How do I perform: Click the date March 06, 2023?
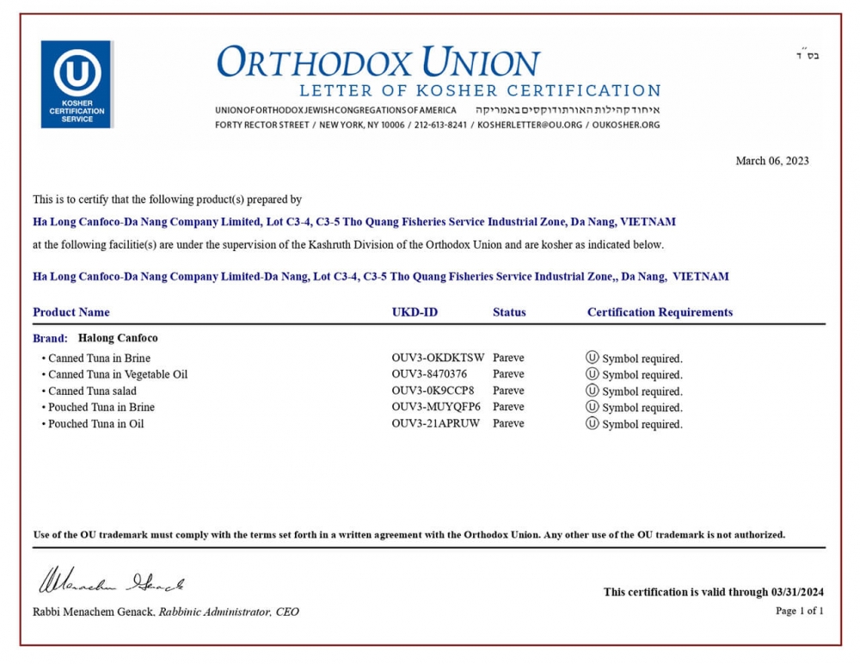click(771, 161)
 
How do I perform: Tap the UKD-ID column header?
click(415, 312)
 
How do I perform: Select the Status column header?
click(509, 312)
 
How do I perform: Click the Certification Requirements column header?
click(660, 312)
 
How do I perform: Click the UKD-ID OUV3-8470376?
click(429, 374)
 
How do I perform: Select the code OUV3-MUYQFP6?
click(436, 407)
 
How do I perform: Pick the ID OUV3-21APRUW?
click(436, 423)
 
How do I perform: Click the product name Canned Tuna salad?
click(92, 390)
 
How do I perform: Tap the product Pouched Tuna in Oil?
click(95, 423)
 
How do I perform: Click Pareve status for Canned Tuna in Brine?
click(508, 358)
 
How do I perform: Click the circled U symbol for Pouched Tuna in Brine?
click(592, 407)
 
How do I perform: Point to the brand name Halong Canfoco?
click(118, 338)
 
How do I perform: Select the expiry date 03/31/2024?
click(797, 592)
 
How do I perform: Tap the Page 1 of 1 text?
click(799, 611)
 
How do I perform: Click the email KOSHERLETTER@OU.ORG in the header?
click(529, 125)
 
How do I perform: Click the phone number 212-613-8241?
click(440, 125)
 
